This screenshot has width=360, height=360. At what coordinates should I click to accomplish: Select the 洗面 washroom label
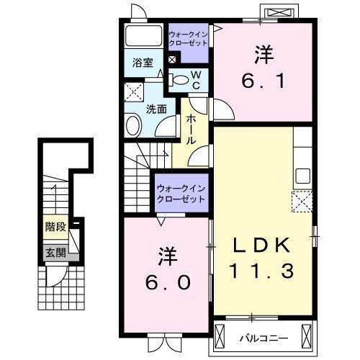[x=157, y=109]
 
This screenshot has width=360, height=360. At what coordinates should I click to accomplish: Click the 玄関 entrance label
[x=55, y=253]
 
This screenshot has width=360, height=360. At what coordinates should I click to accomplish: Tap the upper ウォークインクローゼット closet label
[x=188, y=38]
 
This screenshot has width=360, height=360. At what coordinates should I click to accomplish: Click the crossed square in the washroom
[x=134, y=91]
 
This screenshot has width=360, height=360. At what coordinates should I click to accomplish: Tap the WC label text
[x=195, y=79]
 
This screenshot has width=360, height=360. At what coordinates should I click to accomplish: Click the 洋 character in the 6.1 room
[x=263, y=54]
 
